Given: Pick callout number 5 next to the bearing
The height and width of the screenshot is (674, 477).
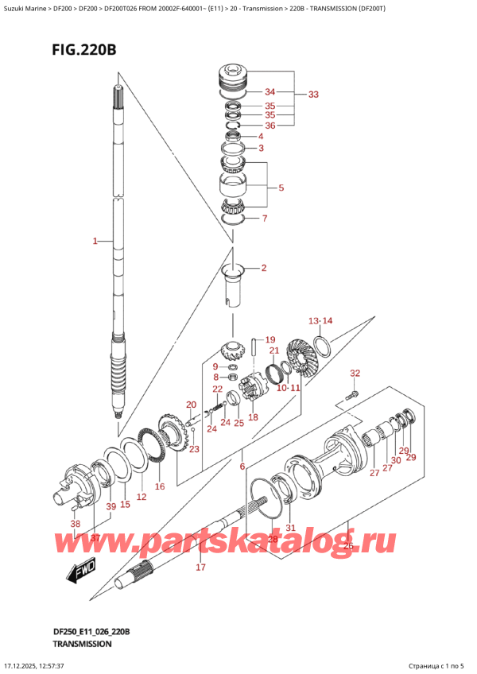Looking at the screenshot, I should click(280, 188).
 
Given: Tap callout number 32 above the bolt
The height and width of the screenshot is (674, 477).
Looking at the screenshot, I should click(355, 373).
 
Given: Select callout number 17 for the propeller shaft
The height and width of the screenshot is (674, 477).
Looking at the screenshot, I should click(200, 567).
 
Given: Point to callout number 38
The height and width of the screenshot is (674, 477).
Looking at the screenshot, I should click(76, 525).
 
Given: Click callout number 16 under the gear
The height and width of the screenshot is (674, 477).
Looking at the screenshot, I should click(159, 486).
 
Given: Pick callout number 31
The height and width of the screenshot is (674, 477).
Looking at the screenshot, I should click(290, 529).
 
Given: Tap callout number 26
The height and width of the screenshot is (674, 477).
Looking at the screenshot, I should click(347, 545).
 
